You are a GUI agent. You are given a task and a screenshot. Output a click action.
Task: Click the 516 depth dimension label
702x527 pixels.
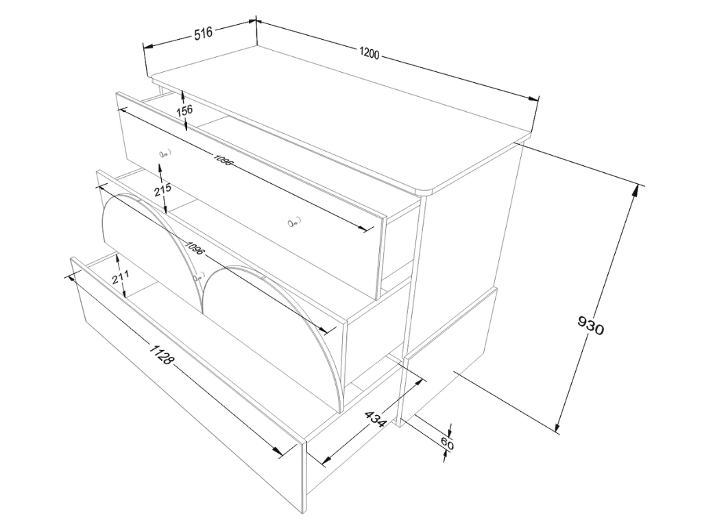[x=203, y=34]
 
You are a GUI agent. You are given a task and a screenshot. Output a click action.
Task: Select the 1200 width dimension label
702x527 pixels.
[x=370, y=54]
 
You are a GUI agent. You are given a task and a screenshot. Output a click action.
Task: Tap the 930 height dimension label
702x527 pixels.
[x=591, y=325]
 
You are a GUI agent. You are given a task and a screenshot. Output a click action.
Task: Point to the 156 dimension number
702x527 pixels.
[x=184, y=110]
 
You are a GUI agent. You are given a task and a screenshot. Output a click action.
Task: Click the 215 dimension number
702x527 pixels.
[x=162, y=189]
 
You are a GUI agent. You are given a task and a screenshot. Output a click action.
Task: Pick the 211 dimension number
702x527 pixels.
[x=121, y=277]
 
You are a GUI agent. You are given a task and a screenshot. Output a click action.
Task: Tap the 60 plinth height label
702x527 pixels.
[x=447, y=444]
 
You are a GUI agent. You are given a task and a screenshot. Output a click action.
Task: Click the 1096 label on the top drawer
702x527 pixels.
[x=223, y=160]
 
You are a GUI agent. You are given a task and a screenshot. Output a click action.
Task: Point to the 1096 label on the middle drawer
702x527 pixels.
[x=194, y=248]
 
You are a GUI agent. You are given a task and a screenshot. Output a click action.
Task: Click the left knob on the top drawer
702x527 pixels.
[x=164, y=154]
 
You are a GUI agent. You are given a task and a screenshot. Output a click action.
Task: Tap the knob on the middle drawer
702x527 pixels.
[x=197, y=277]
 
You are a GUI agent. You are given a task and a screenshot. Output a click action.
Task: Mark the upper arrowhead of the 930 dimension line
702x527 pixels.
[x=635, y=191]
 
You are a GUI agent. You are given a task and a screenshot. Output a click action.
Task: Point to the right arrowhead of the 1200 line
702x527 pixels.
[x=533, y=99]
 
